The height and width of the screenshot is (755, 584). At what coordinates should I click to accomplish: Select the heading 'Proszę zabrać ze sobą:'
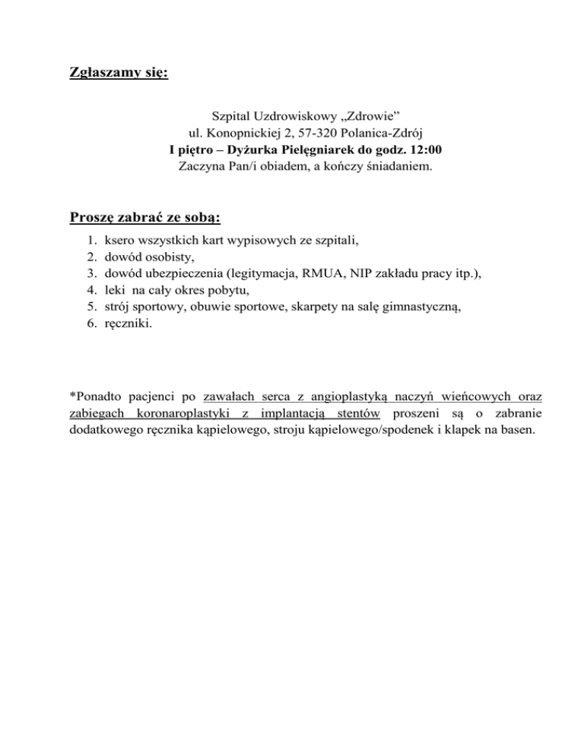144,218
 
